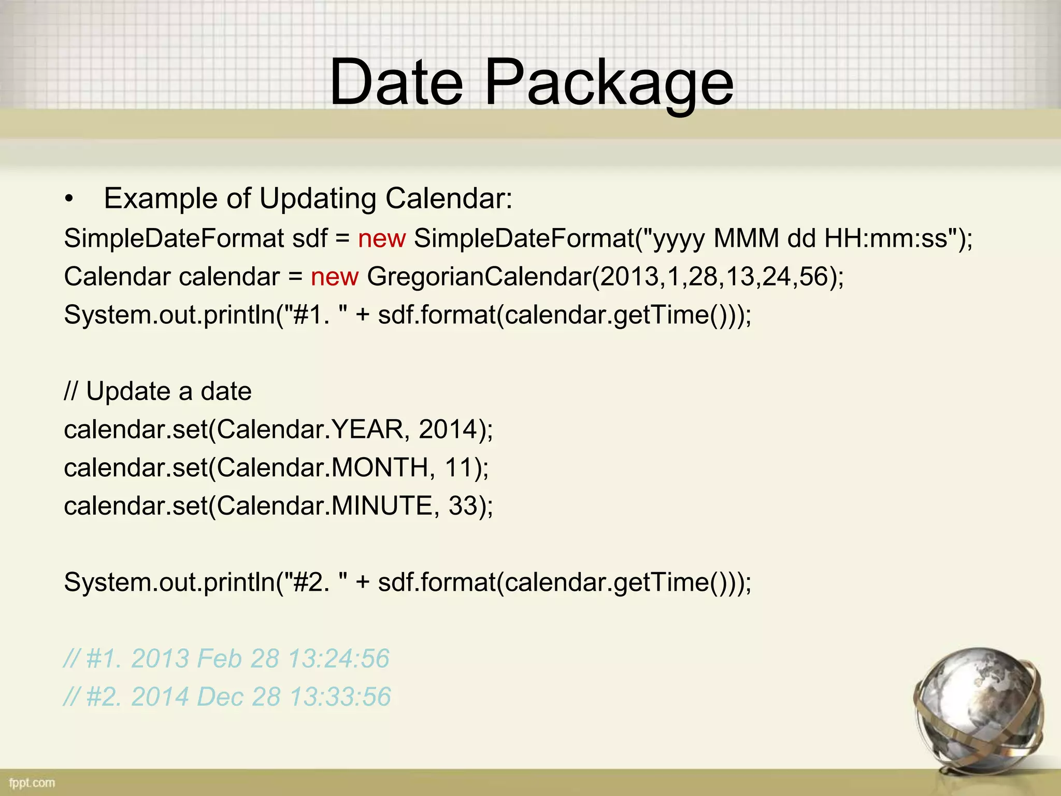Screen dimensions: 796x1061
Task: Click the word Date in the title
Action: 396,83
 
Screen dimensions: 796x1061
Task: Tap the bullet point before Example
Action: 69,200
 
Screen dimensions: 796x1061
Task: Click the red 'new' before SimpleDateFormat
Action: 382,239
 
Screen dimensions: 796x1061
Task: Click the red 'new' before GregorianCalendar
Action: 334,277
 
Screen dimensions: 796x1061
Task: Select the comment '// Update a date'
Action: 157,391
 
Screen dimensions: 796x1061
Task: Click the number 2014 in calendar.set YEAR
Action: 448,430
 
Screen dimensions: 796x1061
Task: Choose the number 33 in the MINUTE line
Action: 463,506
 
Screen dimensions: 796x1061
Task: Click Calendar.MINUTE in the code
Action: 324,506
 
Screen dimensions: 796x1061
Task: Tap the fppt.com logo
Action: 32,783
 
